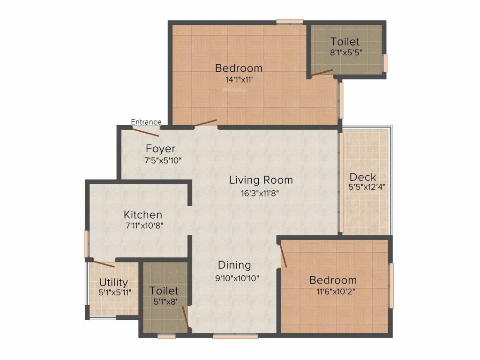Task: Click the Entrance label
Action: (146, 122)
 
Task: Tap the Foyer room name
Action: (160, 149)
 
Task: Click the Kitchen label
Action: (143, 215)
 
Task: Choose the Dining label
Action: (234, 265)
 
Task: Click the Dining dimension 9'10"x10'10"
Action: (237, 277)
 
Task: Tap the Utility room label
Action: (113, 282)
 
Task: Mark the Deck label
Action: (363, 177)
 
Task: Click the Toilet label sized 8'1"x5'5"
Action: (345, 41)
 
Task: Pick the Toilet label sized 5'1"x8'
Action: (164, 291)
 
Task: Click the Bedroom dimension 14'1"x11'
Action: (239, 80)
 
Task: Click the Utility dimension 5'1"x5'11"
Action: (115, 292)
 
